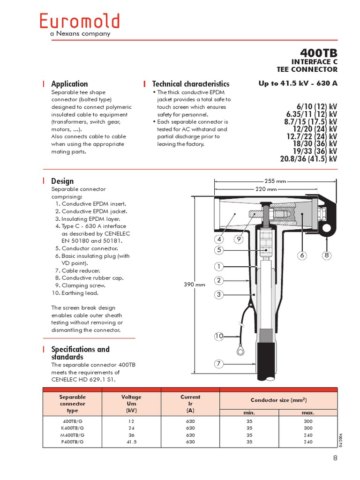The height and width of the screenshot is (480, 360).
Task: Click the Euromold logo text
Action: tap(79, 22)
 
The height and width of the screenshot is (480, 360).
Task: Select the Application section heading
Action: tap(69, 84)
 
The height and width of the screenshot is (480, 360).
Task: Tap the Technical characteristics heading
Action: tap(191, 84)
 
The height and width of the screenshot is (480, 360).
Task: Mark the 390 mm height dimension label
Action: tap(194, 285)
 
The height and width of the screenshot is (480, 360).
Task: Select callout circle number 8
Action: tap(327, 255)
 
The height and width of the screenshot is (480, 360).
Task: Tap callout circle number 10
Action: tap(219, 336)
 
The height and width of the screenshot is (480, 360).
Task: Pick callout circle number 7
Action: tap(219, 364)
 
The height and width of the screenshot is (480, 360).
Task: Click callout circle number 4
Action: tap(219, 240)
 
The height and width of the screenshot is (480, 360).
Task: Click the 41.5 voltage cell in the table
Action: tap(131, 442)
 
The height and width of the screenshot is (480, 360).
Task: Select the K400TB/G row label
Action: tap(73, 428)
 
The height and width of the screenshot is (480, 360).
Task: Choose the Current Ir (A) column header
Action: tap(190, 403)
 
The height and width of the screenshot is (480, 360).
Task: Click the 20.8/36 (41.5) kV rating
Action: tap(308, 159)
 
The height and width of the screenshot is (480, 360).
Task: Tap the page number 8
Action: tap(335, 458)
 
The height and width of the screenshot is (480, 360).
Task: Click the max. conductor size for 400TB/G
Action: tap(307, 421)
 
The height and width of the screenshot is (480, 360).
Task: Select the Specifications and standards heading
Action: tap(80, 353)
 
